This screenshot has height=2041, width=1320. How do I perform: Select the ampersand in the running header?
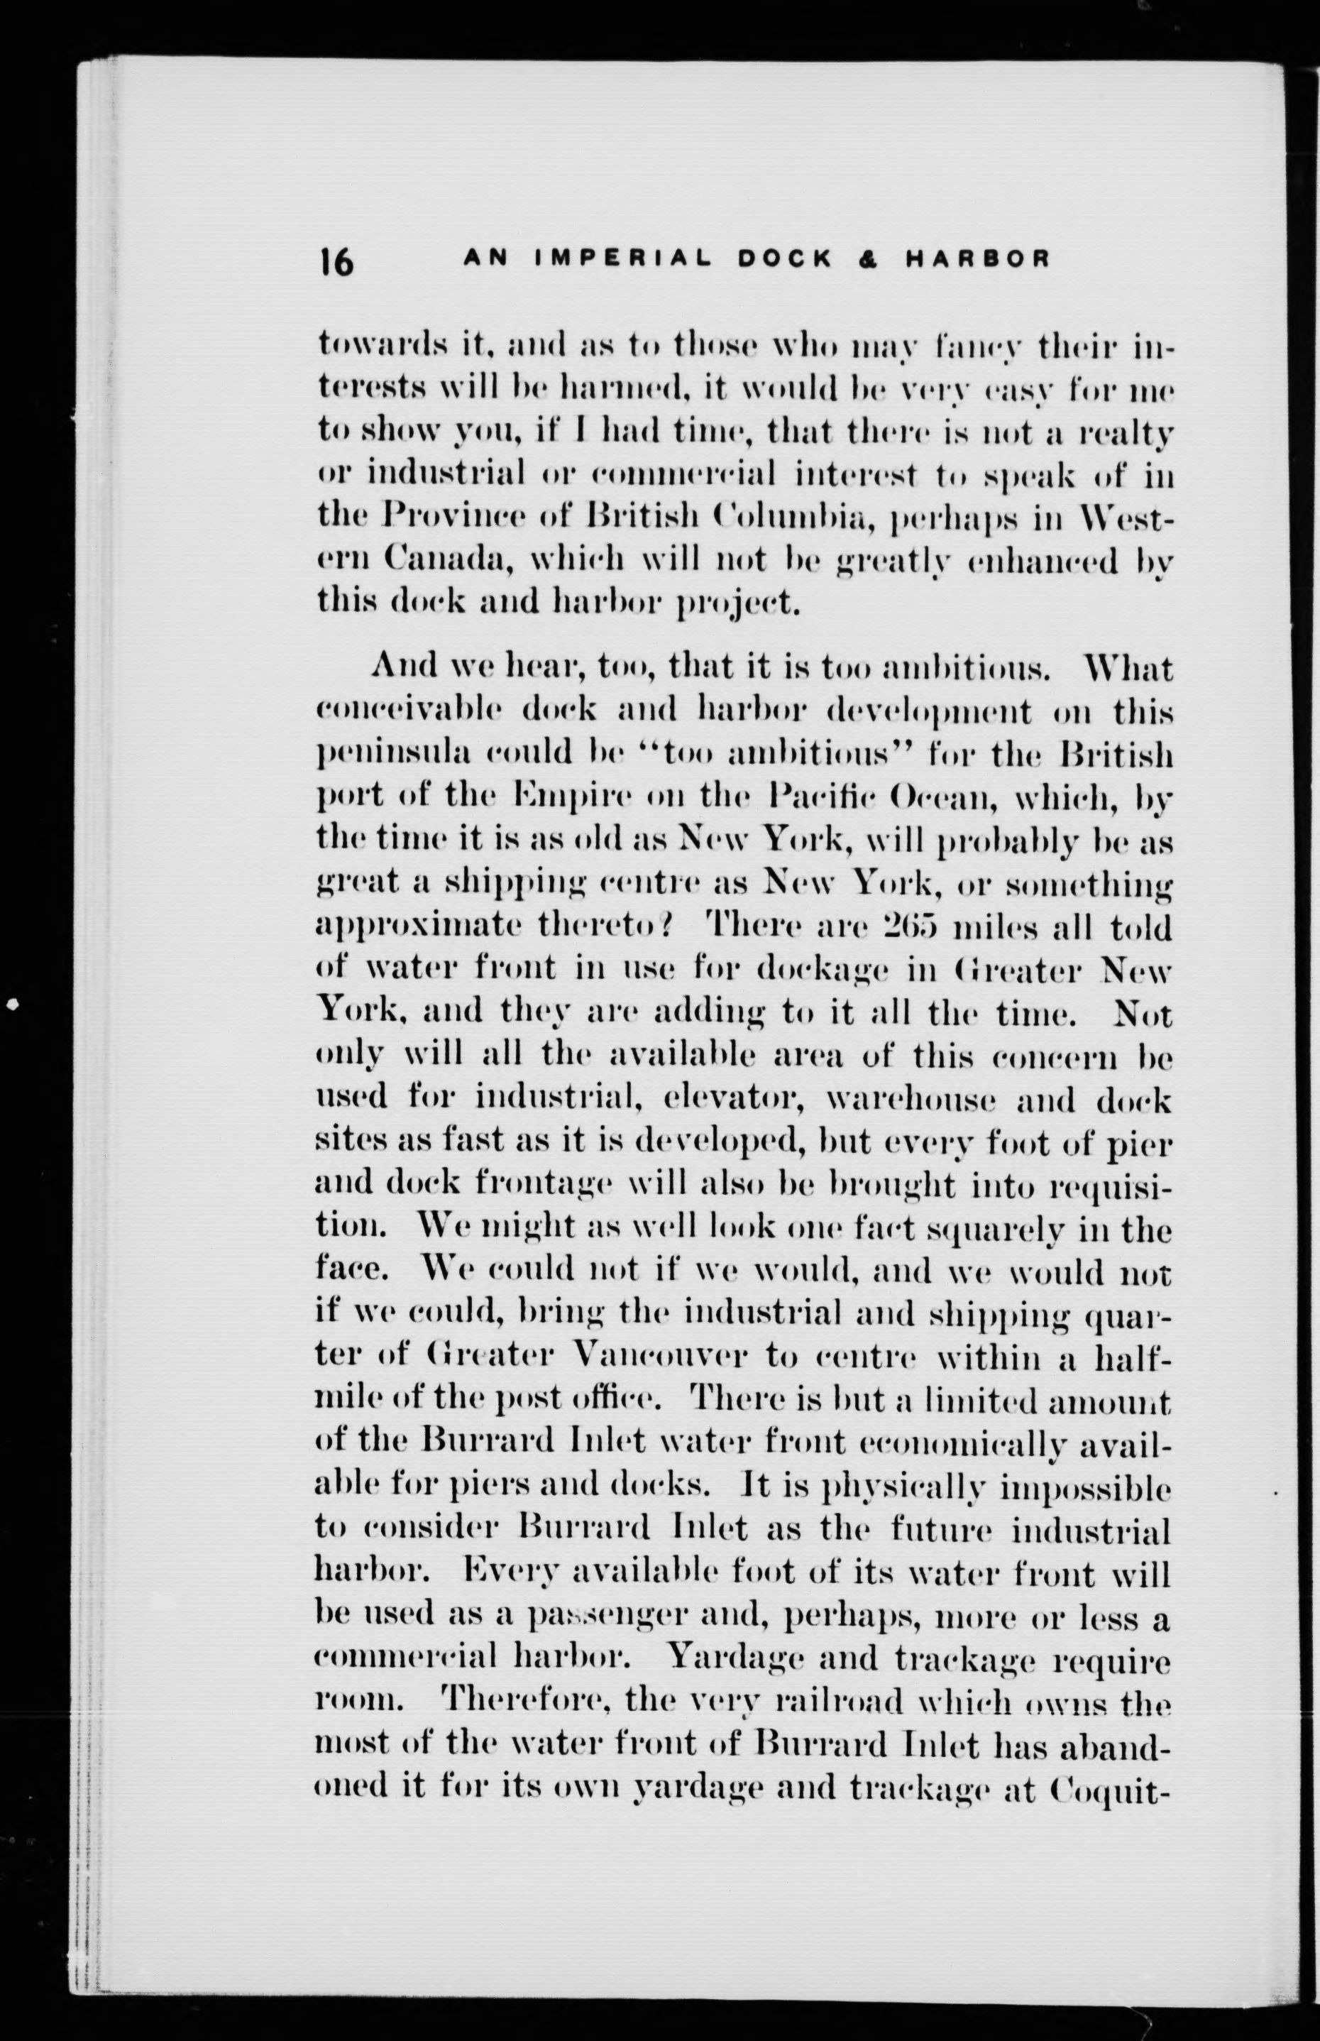click(x=874, y=258)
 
